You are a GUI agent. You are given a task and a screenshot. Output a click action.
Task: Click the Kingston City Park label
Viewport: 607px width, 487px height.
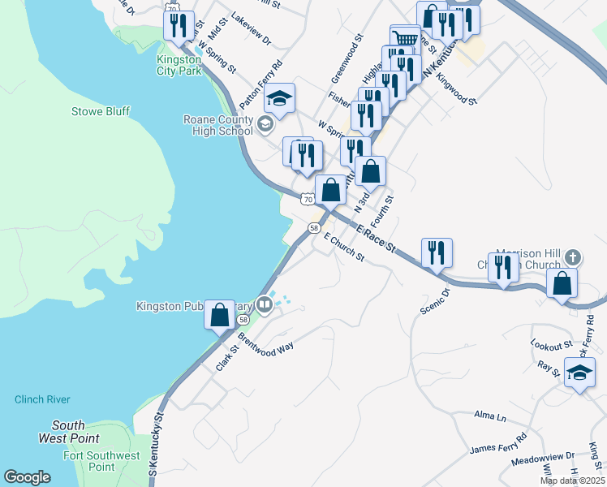tap(179, 66)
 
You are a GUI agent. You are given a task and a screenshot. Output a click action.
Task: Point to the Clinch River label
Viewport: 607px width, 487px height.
tap(42, 399)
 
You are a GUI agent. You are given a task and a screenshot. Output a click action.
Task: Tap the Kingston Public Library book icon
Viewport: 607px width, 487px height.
tap(264, 305)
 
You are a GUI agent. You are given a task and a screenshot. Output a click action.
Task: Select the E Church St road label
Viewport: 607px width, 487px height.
tap(344, 248)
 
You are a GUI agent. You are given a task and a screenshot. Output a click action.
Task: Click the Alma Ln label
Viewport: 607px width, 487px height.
tap(489, 417)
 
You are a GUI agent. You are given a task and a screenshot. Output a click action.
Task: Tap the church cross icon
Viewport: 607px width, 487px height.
tap(573, 257)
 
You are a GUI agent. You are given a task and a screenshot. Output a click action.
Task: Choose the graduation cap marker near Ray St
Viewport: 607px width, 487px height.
tap(579, 373)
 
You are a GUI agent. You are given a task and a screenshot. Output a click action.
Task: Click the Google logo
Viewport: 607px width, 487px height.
tap(28, 477)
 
